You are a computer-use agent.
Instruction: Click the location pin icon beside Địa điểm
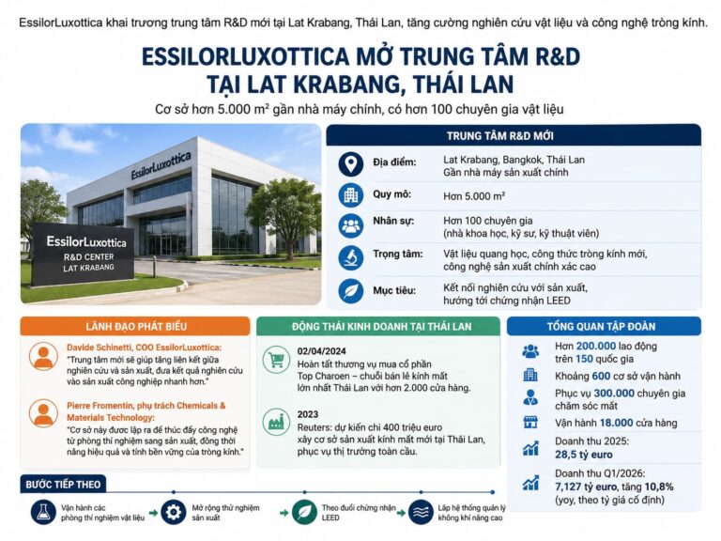351,164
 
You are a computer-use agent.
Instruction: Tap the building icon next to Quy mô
351,195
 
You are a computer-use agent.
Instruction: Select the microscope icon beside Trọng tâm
351,257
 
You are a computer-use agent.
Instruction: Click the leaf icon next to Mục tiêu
351,290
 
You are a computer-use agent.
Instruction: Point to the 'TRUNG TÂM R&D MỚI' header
513,135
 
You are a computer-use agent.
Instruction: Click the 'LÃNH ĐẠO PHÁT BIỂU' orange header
135,327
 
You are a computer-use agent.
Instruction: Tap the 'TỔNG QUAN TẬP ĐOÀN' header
605,327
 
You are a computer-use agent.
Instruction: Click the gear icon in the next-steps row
173,511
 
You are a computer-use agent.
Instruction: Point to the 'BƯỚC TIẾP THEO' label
65,485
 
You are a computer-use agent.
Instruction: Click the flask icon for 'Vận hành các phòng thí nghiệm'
43,511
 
